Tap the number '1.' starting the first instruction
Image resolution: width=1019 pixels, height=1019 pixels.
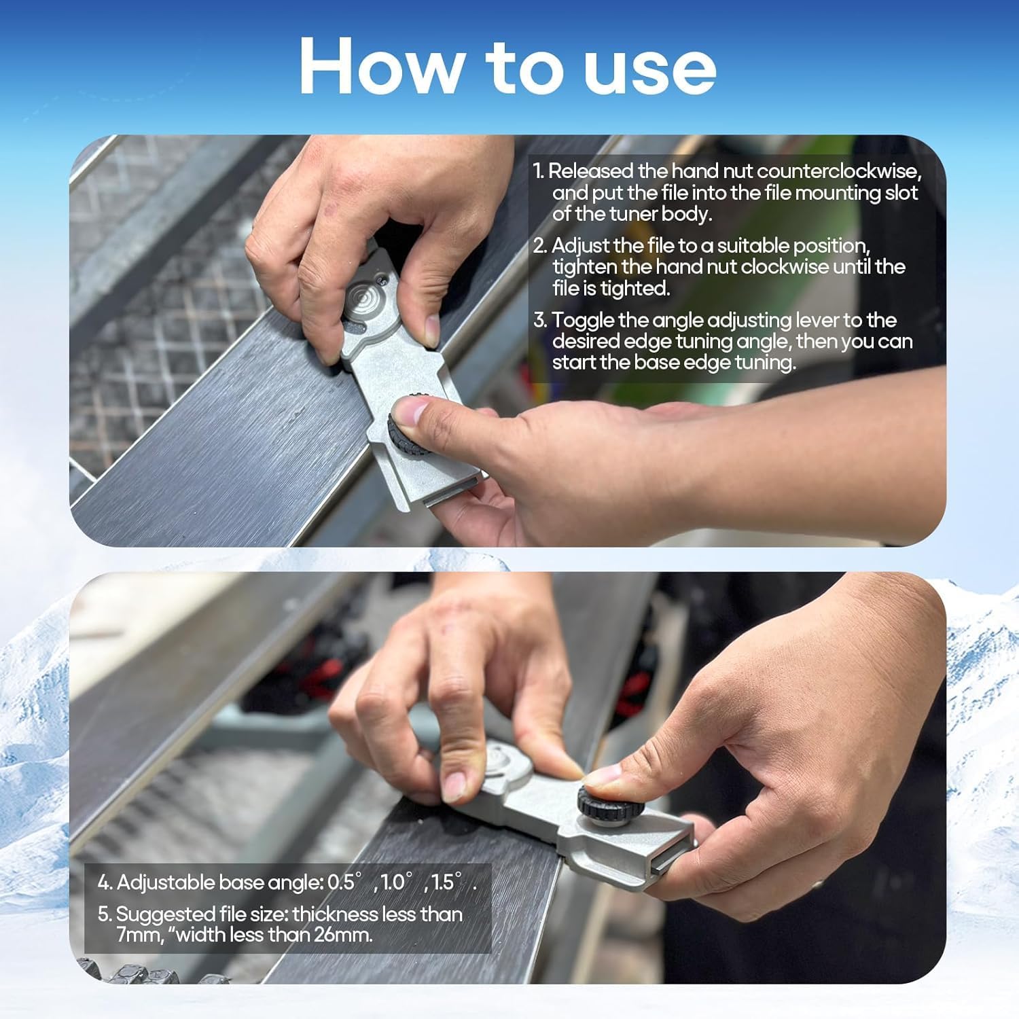(x=539, y=171)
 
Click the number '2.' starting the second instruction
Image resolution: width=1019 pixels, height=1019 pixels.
(x=540, y=246)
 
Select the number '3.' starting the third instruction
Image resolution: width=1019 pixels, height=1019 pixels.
(x=540, y=321)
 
